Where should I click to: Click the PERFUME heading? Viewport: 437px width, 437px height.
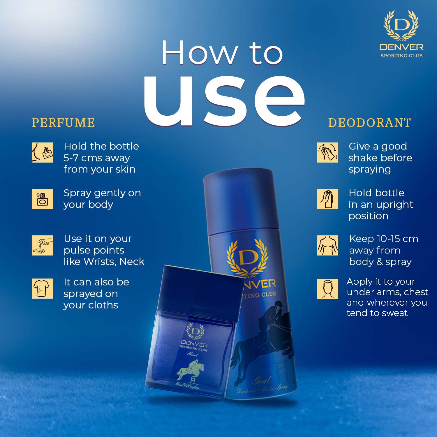(x=63, y=123)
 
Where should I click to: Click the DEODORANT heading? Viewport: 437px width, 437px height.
(x=369, y=123)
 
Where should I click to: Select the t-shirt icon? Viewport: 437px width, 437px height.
(x=43, y=288)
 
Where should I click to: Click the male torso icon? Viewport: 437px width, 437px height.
(x=327, y=245)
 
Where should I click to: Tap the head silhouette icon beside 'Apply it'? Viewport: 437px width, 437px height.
(x=327, y=289)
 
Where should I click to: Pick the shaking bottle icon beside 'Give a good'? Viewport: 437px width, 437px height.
(x=327, y=152)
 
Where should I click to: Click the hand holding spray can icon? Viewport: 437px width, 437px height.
(x=327, y=199)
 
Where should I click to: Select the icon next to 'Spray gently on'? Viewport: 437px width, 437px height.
(x=43, y=199)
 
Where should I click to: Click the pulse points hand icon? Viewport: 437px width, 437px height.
(x=43, y=245)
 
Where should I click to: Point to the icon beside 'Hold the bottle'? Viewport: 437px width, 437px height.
(x=43, y=152)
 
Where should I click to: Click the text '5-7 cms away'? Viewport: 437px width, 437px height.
(x=97, y=158)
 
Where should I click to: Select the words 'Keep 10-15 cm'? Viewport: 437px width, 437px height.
(x=383, y=239)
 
